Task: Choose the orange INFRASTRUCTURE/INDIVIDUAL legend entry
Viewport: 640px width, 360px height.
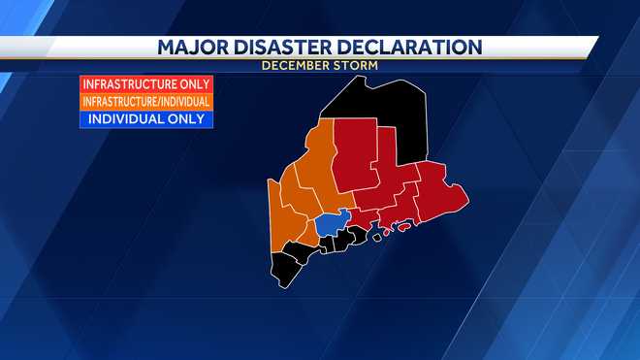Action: (x=146, y=101)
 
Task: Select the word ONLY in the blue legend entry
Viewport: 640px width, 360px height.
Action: (x=184, y=118)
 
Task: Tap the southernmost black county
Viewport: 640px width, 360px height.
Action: (x=286, y=268)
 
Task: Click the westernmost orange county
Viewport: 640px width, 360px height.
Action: (x=281, y=223)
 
